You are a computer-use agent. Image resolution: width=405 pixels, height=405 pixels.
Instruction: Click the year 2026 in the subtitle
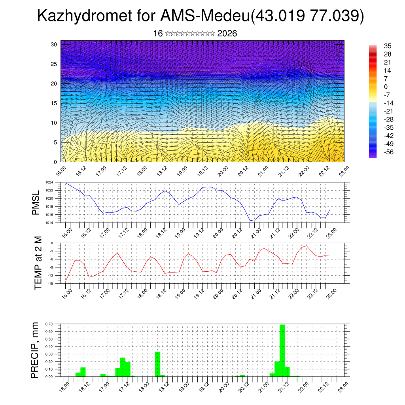pyautogui.click(x=227, y=34)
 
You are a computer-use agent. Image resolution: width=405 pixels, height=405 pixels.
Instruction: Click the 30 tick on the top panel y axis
pyautogui.click(x=54, y=44)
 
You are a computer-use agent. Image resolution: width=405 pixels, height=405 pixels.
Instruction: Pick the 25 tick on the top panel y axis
pyautogui.click(x=54, y=64)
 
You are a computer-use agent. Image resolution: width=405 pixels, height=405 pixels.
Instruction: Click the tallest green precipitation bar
pyautogui.click(x=282, y=350)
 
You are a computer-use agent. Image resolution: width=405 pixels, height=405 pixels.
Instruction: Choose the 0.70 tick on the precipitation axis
pyautogui.click(x=49, y=324)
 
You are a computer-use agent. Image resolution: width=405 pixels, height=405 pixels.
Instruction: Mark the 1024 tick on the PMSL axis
pyautogui.click(x=49, y=182)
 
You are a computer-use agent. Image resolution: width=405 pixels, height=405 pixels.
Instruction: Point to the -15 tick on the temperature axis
pyautogui.click(x=51, y=284)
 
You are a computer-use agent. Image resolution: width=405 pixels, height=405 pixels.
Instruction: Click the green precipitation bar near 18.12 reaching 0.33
pyautogui.click(x=157, y=364)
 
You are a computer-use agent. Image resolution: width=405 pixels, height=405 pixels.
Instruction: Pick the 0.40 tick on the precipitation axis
pyautogui.click(x=49, y=346)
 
